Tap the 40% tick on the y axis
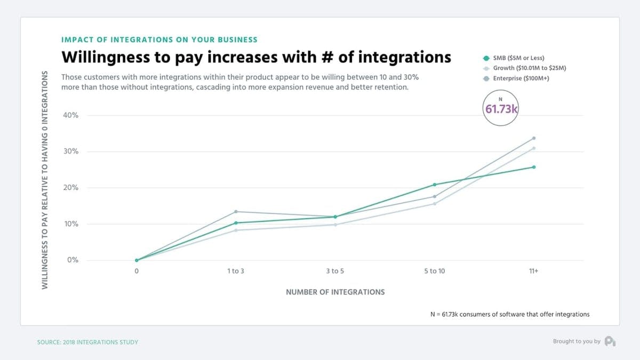pos(71,115)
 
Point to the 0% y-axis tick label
pos(73,260)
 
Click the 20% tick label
pos(71,188)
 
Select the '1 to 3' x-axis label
pos(235,271)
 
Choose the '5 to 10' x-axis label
pos(434,271)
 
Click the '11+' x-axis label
pos(533,271)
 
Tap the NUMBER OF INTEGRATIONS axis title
pos(335,292)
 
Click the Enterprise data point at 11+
pos(534,138)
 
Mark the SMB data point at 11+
pos(534,167)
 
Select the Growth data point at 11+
pos(534,148)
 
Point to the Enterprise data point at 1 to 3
pos(236,212)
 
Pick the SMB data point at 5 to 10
pos(435,185)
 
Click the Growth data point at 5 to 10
pos(435,204)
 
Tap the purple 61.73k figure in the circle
pos(501,109)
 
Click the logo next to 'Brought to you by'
pos(610,341)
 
